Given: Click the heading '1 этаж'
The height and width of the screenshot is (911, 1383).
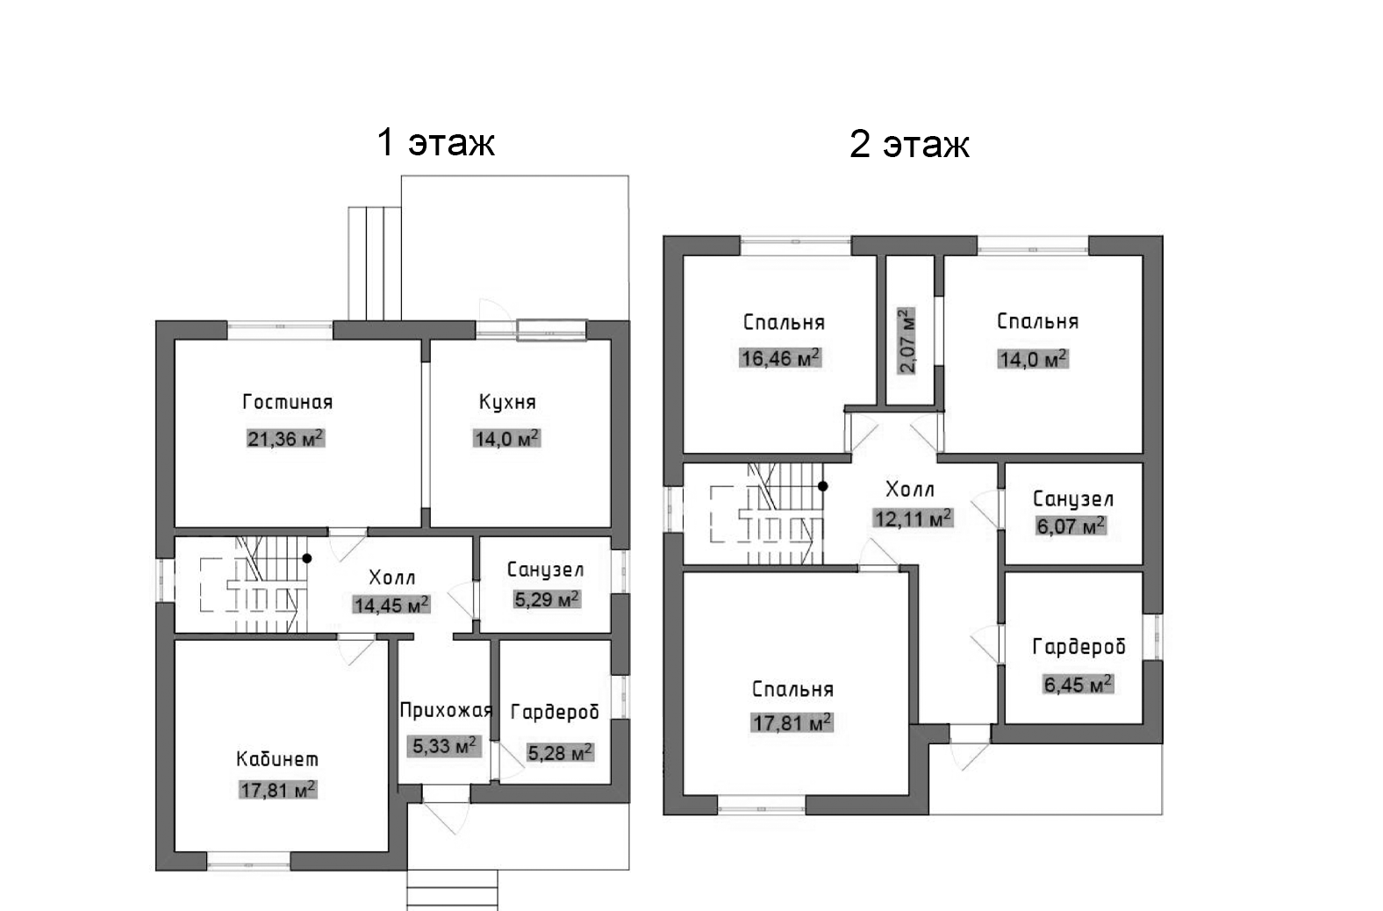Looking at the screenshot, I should tap(435, 142).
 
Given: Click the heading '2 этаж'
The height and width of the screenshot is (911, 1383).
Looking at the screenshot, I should tap(909, 144).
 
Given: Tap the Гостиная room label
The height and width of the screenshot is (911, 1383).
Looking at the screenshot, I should tap(287, 402).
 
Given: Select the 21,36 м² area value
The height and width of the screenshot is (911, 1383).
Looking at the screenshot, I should tap(285, 438).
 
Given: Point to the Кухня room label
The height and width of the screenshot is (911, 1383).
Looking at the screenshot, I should tap(507, 402).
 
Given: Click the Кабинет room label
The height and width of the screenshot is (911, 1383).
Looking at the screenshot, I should tap(277, 758).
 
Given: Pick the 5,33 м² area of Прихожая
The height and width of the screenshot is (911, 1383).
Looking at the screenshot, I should tap(445, 746).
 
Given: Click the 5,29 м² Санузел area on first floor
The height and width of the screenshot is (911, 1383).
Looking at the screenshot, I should tap(546, 600).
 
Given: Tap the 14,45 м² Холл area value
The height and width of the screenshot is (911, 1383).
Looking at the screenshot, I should tap(391, 605).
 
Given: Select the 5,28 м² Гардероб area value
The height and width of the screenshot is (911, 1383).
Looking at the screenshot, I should tap(560, 752).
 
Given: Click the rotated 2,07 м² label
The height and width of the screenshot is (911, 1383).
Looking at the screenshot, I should tap(907, 341).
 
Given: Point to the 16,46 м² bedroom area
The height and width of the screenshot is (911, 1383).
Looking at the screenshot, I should tap(780, 358).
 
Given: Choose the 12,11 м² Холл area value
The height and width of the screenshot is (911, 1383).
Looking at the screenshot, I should tap(913, 519).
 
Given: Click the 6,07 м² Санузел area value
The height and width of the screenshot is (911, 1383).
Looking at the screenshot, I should tap(1071, 527).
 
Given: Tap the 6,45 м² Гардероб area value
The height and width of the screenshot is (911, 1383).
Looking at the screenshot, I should tap(1078, 684).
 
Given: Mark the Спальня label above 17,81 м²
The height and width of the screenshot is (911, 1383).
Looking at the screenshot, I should tap(792, 689).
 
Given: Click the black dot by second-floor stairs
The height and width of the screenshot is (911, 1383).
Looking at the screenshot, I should tap(823, 485).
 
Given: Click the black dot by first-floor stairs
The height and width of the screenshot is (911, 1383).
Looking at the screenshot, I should tap(307, 558).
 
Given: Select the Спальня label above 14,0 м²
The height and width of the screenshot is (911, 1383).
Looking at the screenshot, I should tap(1037, 321).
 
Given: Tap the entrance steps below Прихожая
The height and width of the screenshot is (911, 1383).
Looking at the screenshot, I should tap(453, 889).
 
